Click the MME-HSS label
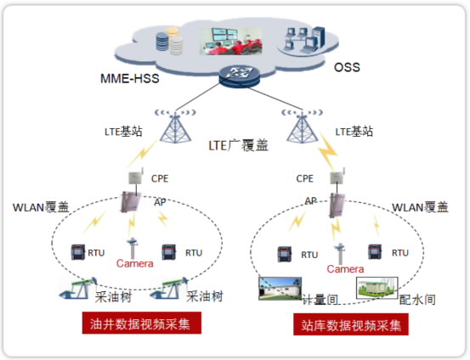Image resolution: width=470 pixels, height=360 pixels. (129, 78)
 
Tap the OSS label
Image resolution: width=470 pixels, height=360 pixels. (347, 67)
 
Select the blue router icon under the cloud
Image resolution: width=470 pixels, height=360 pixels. (239, 77)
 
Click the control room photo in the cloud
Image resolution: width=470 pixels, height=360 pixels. (231, 42)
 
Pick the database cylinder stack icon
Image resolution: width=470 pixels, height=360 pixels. (170, 41)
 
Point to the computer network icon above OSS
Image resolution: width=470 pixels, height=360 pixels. (304, 40)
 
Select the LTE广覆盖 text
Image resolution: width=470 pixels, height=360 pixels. (238, 145)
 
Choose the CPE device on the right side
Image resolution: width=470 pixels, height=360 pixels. (337, 177)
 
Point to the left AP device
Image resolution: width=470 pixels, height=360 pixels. (131, 202)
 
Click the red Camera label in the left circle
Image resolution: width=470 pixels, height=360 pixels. (135, 263)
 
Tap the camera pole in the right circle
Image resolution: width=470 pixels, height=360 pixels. (340, 253)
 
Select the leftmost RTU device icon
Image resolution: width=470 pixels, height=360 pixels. (78, 252)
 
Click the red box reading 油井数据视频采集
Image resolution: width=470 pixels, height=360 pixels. (142, 323)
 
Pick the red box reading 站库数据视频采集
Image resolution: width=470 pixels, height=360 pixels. (351, 324)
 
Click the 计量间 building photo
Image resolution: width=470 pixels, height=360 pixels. (280, 289)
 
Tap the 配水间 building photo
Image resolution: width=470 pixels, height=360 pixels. (377, 288)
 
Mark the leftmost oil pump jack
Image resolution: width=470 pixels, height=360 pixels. (77, 288)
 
